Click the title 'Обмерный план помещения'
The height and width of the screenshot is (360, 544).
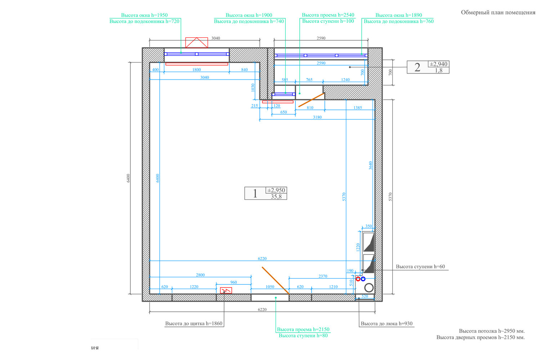498,13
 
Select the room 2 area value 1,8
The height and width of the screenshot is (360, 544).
438,71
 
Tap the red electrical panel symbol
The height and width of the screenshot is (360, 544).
226,290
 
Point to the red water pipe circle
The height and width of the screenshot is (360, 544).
358,279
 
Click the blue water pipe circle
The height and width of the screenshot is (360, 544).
363,279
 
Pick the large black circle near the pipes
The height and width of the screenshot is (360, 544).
369,288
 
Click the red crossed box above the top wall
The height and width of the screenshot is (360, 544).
197,42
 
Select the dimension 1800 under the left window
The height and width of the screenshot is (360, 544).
196,70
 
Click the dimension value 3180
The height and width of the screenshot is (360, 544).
317,117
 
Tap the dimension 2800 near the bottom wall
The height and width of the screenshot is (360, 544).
200,275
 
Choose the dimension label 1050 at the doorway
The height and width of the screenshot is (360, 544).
270,287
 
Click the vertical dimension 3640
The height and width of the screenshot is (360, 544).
371,165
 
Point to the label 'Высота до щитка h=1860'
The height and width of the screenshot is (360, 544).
194,324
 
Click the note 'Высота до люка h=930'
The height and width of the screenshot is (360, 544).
387,324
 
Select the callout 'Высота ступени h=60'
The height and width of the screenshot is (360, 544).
420,266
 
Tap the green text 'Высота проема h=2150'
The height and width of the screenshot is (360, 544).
303,329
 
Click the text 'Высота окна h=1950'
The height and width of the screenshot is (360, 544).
144,15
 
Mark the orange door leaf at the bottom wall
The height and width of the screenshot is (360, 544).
276,281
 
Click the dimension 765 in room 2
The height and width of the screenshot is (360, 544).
309,80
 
